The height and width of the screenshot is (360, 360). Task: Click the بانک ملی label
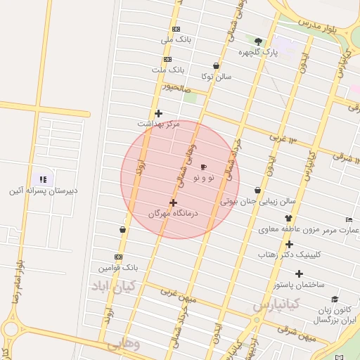pyautogui.click(x=176, y=40)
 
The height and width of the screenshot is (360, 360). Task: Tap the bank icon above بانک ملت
pyautogui.click(x=167, y=59)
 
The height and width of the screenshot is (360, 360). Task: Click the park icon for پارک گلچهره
pyautogui.click(x=258, y=41)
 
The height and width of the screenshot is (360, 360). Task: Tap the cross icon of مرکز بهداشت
pyautogui.click(x=158, y=113)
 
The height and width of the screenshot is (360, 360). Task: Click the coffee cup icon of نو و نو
pyautogui.click(x=204, y=167)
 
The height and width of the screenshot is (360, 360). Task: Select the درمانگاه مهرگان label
pyautogui.click(x=174, y=212)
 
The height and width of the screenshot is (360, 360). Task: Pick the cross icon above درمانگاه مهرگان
pyautogui.click(x=173, y=202)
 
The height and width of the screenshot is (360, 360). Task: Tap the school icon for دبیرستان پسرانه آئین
pyautogui.click(x=43, y=179)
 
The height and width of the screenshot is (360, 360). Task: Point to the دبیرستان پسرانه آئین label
pyautogui.click(x=44, y=191)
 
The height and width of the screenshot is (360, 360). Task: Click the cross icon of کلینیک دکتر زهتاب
pyautogui.click(x=288, y=244)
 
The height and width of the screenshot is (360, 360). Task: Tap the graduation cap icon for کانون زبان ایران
pyautogui.click(x=335, y=300)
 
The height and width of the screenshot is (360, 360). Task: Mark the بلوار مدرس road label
pyautogui.click(x=322, y=25)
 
